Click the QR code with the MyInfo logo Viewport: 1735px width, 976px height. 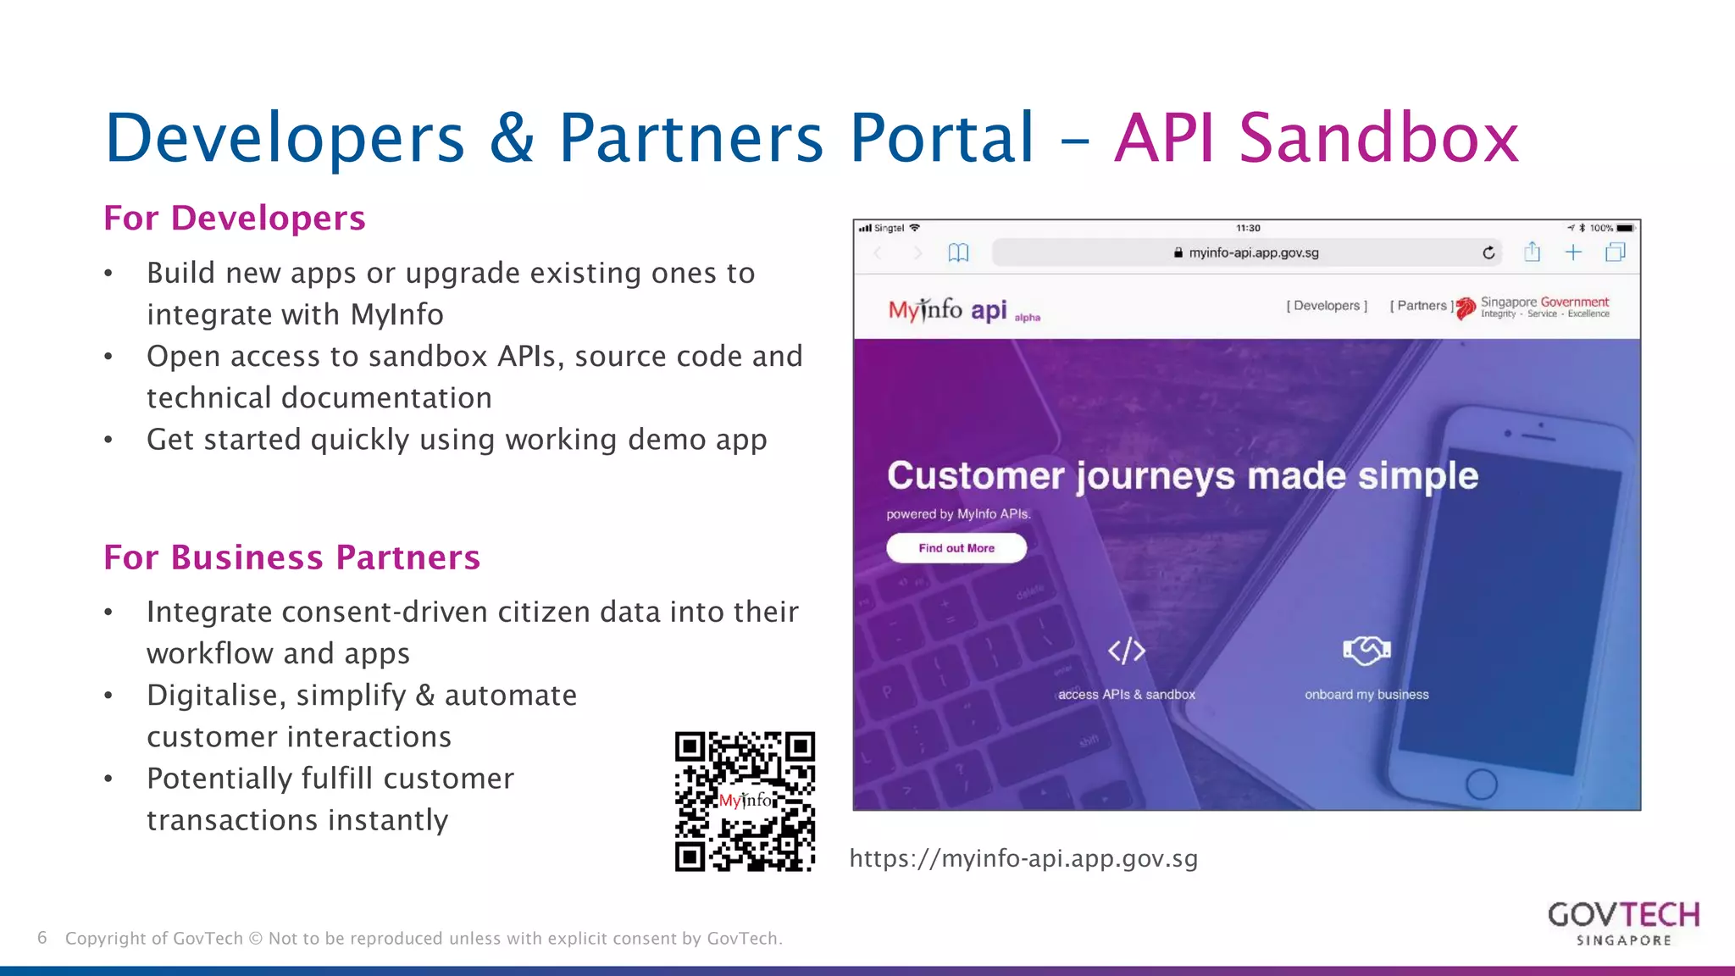(x=745, y=801)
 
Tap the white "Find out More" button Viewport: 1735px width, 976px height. (x=956, y=548)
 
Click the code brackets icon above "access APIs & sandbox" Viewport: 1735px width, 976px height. (x=1127, y=651)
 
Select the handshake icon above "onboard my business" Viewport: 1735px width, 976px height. (x=1366, y=651)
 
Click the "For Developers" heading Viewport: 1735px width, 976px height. (x=235, y=219)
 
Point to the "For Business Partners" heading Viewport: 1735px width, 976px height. (x=292, y=557)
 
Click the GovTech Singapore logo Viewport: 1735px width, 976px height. (x=1623, y=923)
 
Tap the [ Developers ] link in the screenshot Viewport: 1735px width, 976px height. (x=1327, y=306)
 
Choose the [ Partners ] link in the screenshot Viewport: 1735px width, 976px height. (x=1422, y=306)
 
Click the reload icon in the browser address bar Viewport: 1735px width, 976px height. (x=1488, y=252)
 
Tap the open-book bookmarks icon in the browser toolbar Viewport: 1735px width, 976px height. (x=958, y=252)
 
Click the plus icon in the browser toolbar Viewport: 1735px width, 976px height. (x=1573, y=252)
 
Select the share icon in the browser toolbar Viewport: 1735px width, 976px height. (x=1532, y=252)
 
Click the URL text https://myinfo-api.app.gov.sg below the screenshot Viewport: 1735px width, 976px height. (x=1023, y=859)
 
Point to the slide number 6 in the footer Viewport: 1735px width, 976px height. (x=42, y=938)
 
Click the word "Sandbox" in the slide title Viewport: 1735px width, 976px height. (x=1379, y=138)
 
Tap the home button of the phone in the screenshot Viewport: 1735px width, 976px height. (x=1481, y=784)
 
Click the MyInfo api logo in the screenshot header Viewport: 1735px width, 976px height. (x=949, y=310)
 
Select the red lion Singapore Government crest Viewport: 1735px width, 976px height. (x=1466, y=308)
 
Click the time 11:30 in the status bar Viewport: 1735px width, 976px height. (x=1248, y=228)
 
